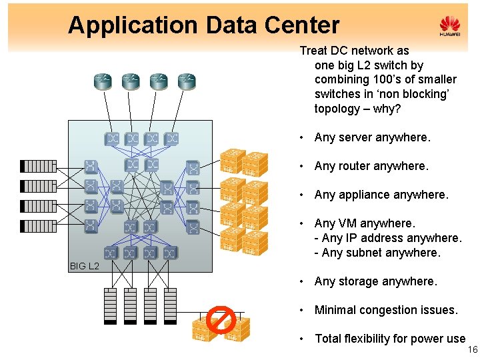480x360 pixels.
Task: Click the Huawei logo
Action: click(450, 27)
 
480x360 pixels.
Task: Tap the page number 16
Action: click(473, 350)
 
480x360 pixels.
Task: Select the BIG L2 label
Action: click(84, 266)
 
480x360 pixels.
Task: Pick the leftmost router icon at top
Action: click(103, 82)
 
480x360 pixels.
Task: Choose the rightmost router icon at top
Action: click(187, 82)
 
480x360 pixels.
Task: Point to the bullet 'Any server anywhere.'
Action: click(372, 137)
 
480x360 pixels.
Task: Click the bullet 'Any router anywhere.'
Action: click(371, 166)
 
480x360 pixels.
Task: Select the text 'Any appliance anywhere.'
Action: click(381, 195)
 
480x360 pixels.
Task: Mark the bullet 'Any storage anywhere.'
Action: click(375, 281)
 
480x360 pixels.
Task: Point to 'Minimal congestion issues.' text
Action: click(386, 310)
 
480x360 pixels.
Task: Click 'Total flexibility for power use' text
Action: click(390, 339)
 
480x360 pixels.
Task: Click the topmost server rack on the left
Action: click(39, 166)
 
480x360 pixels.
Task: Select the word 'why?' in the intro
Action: click(388, 109)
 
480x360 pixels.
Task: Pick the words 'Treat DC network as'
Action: click(354, 51)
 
